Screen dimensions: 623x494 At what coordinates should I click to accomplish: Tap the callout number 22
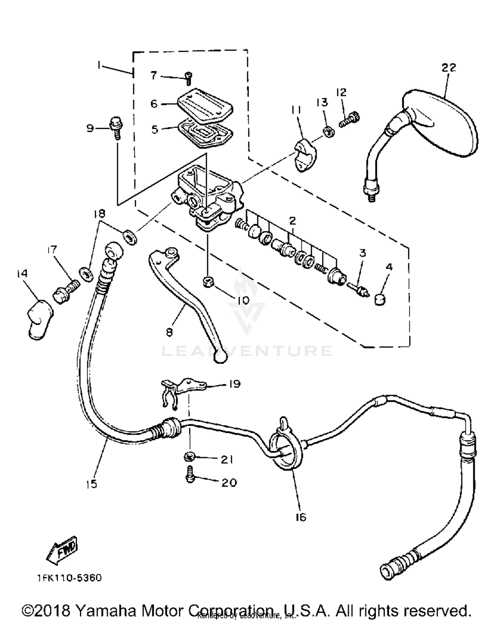449,67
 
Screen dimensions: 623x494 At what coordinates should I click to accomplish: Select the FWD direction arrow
62,550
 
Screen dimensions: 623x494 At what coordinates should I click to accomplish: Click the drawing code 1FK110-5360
69,578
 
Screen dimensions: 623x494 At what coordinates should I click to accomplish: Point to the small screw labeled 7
189,78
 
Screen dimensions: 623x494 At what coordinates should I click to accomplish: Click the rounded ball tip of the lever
220,358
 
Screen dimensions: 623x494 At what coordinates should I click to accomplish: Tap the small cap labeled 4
380,300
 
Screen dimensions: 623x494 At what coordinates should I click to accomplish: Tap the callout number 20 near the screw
229,483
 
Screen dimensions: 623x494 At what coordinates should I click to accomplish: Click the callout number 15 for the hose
92,484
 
